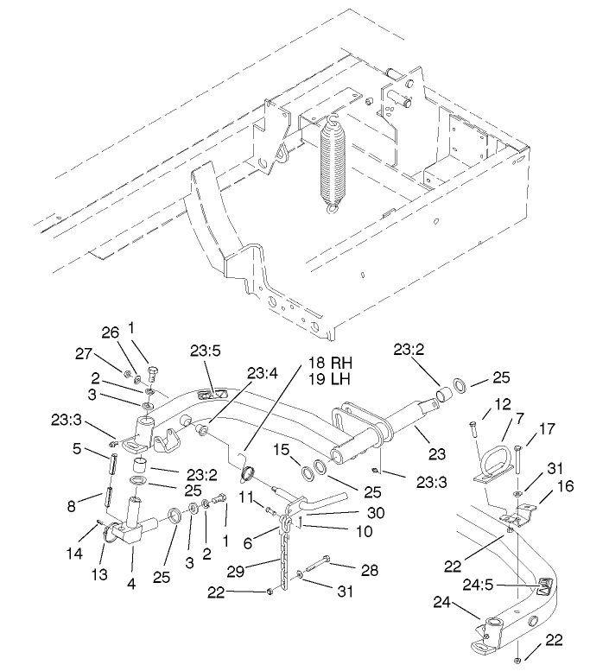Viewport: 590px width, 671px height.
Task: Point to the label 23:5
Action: point(206,351)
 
